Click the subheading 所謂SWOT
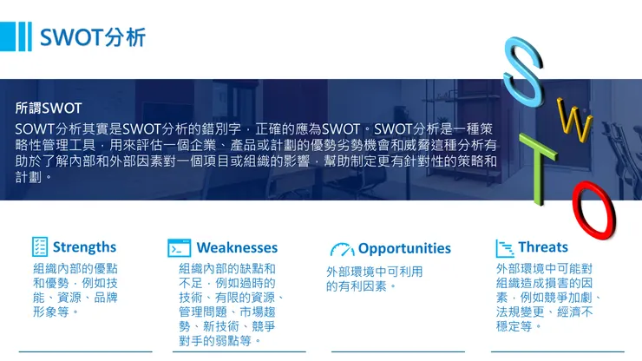click(49, 108)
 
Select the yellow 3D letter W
click(573, 121)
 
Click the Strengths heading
click(84, 247)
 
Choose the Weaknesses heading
click(237, 248)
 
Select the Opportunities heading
click(404, 248)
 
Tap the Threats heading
click(543, 247)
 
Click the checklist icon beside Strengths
click(40, 247)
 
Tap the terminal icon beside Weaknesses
click(180, 248)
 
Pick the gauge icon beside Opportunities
click(342, 249)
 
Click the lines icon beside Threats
click(504, 248)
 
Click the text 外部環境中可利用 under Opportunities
click(374, 272)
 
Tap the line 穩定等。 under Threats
click(520, 326)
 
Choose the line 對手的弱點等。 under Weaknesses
click(221, 341)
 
